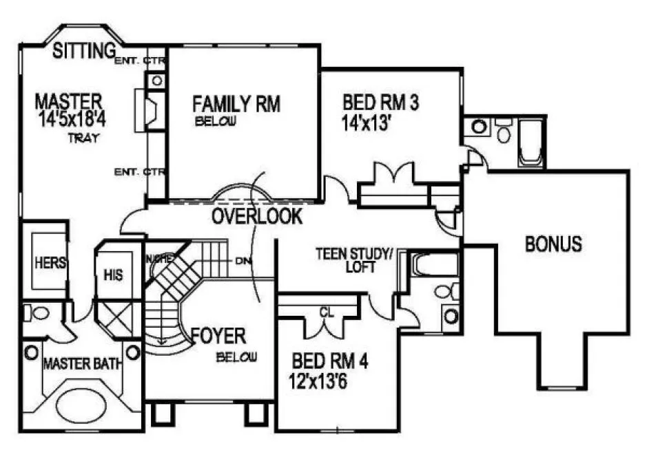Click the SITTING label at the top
(83, 51)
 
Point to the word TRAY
(84, 138)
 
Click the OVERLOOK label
(257, 216)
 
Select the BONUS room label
(553, 244)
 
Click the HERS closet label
(50, 262)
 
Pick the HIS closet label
(113, 275)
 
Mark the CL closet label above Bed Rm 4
(327, 310)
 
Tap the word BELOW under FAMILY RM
(216, 122)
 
